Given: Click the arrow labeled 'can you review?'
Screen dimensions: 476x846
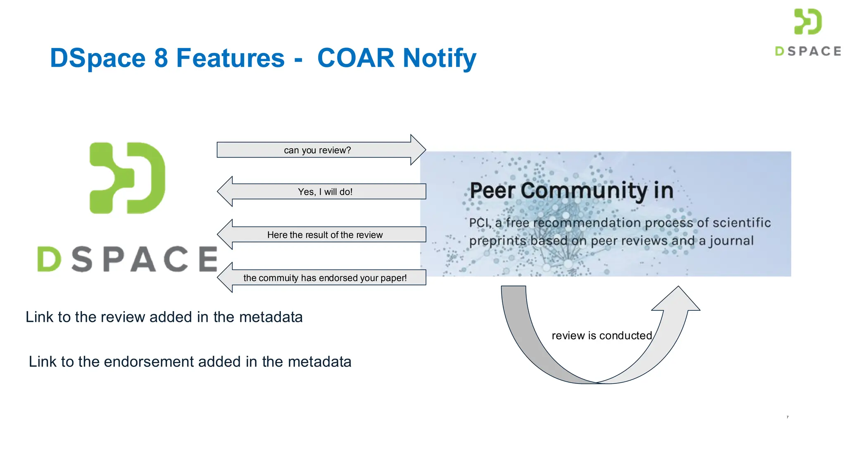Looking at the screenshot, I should [317, 150].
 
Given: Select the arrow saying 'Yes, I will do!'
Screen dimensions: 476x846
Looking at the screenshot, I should [325, 192].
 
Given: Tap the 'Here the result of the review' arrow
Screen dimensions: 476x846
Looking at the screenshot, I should [325, 235].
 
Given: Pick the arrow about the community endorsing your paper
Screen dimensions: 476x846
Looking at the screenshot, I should [325, 278].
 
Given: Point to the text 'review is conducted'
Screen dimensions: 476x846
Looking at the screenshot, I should [601, 336].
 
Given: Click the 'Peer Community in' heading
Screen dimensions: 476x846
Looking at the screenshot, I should [571, 190].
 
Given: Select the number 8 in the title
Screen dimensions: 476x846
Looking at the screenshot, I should [161, 58].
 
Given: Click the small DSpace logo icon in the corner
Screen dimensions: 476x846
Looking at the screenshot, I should [808, 21].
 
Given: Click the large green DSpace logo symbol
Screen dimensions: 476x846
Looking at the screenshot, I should [128, 178].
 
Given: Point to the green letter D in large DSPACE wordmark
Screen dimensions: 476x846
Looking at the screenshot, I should [49, 259].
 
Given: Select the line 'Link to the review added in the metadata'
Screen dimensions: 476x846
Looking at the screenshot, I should [164, 317].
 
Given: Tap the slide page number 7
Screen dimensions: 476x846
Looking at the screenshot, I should [787, 417].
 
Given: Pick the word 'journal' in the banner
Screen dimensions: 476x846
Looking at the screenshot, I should [732, 241].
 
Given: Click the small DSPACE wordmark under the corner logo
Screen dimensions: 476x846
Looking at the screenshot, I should [808, 51].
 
